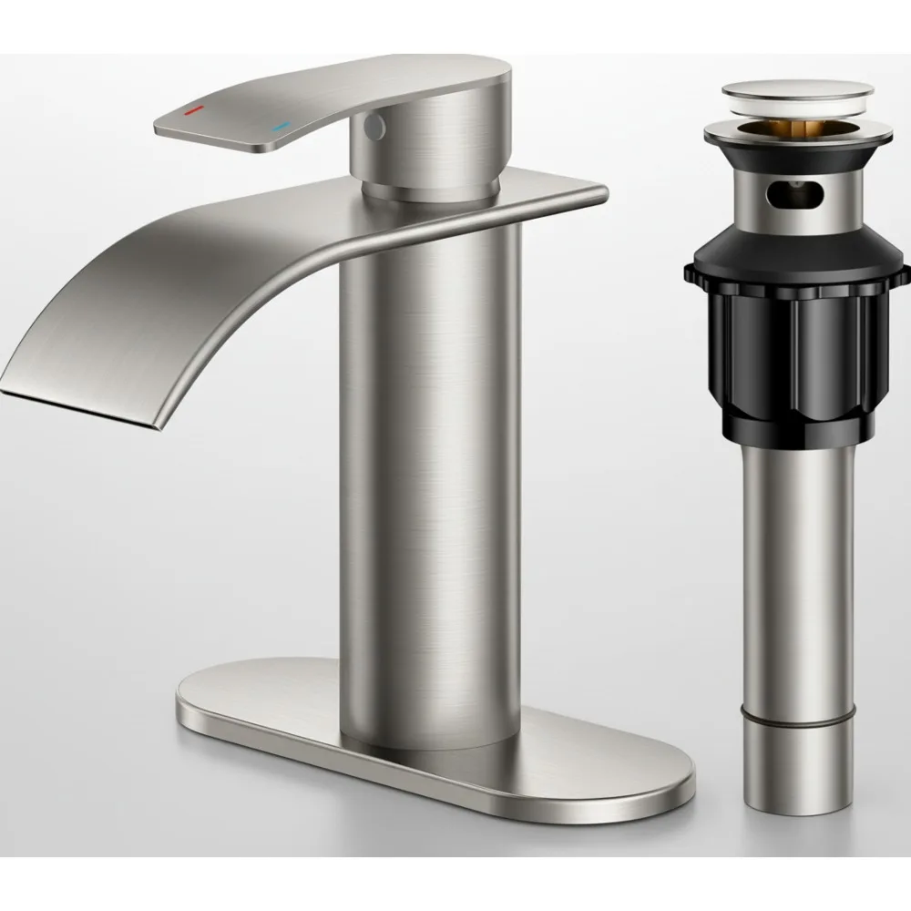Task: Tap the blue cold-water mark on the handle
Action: point(281,127)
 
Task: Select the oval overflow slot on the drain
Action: point(794,193)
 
